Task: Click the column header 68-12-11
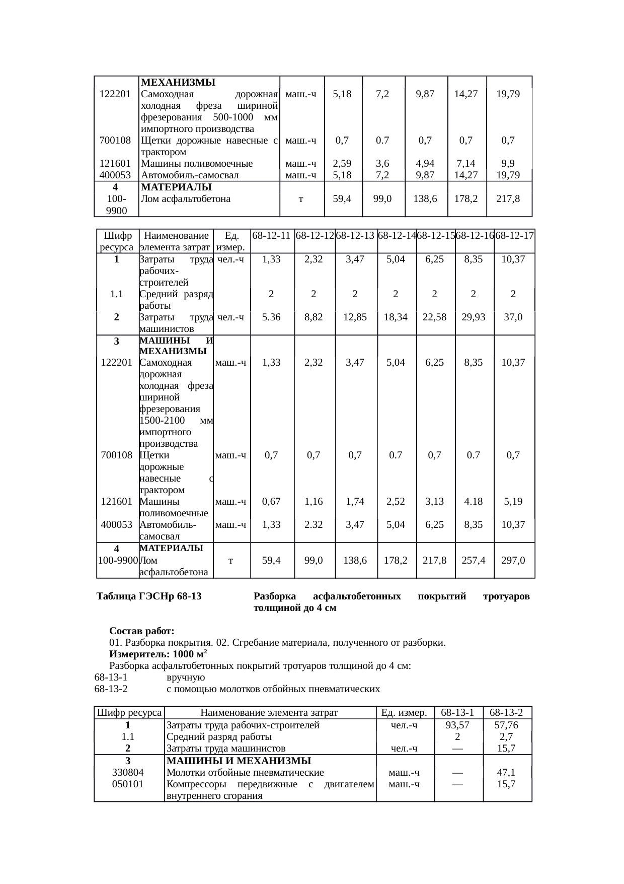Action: [x=272, y=235]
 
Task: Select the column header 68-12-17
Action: [x=514, y=235]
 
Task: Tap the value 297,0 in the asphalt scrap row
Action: [x=513, y=560]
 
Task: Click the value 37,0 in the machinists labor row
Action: [x=513, y=317]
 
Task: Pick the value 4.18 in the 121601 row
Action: [x=474, y=502]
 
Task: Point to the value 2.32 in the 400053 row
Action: [x=314, y=525]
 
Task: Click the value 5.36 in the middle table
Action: [x=271, y=317]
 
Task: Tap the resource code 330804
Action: [x=128, y=773]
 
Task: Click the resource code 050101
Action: [x=128, y=784]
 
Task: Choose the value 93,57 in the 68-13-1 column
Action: [x=457, y=725]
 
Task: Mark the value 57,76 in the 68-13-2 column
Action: [x=506, y=725]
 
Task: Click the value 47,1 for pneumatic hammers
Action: [x=506, y=773]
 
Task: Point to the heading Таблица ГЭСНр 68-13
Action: [x=149, y=596]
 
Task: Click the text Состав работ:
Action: [x=142, y=631]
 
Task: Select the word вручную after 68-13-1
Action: [x=186, y=677]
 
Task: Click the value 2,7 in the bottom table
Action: [x=506, y=737]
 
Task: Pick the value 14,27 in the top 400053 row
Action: [x=466, y=175]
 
